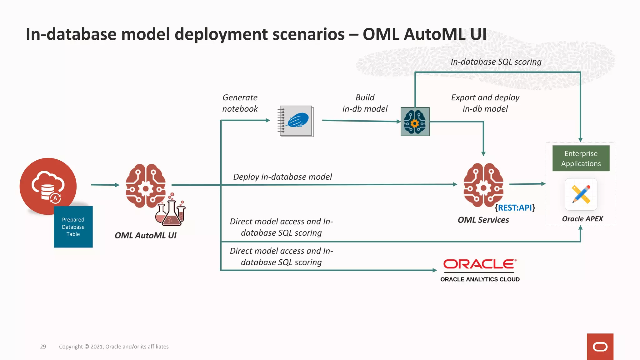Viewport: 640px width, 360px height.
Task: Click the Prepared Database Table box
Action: (x=73, y=227)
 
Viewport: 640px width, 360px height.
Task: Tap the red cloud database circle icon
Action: (x=47, y=184)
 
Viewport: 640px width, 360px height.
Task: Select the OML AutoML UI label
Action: (x=145, y=235)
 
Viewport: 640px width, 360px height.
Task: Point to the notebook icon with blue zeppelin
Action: (x=296, y=121)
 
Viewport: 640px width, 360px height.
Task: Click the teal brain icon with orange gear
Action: (x=415, y=122)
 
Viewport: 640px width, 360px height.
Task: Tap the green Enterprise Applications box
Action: (x=581, y=158)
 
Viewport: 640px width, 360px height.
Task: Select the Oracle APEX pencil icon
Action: (x=581, y=194)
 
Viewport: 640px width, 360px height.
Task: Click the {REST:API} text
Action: (x=515, y=207)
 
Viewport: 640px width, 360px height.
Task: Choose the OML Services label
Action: (x=483, y=220)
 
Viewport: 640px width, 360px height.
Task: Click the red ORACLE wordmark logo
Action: (x=480, y=264)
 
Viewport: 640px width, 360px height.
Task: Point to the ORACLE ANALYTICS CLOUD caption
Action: (x=480, y=279)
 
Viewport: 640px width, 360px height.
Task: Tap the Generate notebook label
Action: (x=240, y=103)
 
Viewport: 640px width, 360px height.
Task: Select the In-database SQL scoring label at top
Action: (x=496, y=62)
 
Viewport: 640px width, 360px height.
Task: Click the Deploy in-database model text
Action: (x=282, y=177)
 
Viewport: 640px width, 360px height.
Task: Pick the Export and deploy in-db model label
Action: (x=485, y=103)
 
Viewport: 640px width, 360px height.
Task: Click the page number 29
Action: (x=43, y=347)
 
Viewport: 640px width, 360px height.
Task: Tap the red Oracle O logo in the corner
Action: (x=600, y=347)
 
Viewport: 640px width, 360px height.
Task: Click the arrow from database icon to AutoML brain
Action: (x=105, y=185)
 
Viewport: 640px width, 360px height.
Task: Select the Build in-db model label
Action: (x=365, y=103)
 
